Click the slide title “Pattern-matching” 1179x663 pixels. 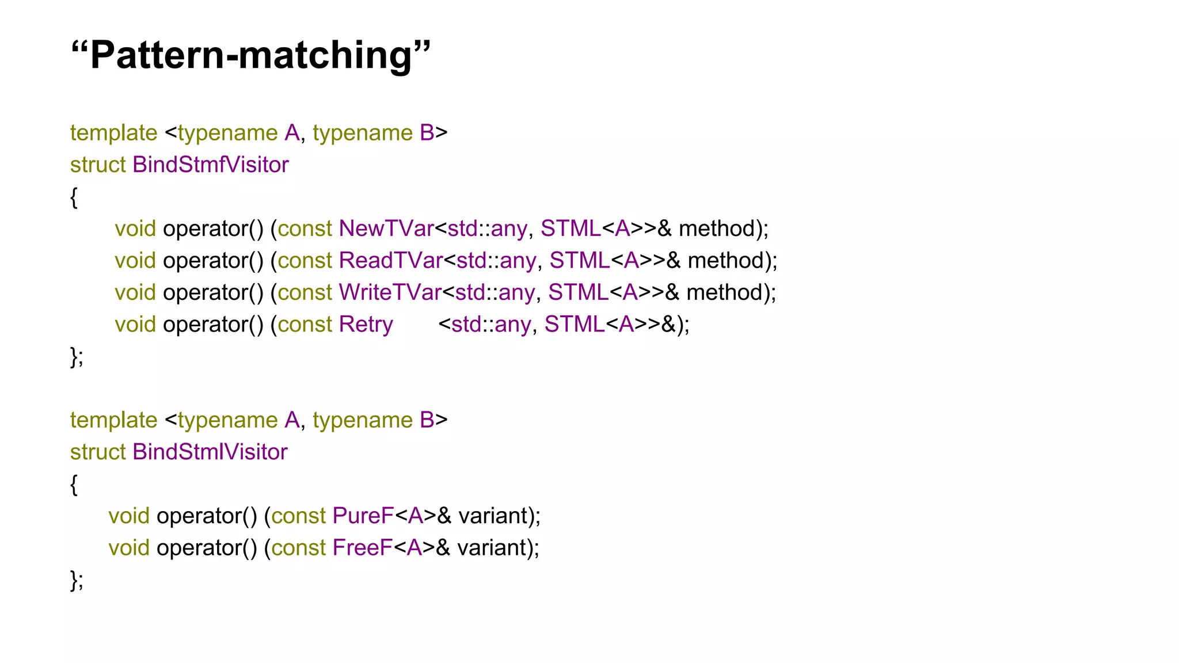click(250, 56)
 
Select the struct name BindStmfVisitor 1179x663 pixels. click(211, 165)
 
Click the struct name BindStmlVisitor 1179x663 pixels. click(210, 452)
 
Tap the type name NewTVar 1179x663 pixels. click(386, 229)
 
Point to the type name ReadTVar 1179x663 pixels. click(390, 261)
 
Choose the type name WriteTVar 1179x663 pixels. click(390, 293)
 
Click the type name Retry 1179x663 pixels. click(366, 325)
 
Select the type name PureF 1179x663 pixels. click(363, 516)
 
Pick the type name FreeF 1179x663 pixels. click(362, 548)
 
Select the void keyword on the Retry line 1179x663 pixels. click(135, 325)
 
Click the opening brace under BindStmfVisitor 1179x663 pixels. click(74, 197)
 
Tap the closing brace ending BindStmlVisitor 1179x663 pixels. click(74, 580)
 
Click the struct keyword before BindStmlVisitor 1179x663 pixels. click(98, 452)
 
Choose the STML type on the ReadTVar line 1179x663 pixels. click(579, 261)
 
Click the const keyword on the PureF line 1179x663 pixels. click(298, 516)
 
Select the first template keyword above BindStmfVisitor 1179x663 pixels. click(113, 134)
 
